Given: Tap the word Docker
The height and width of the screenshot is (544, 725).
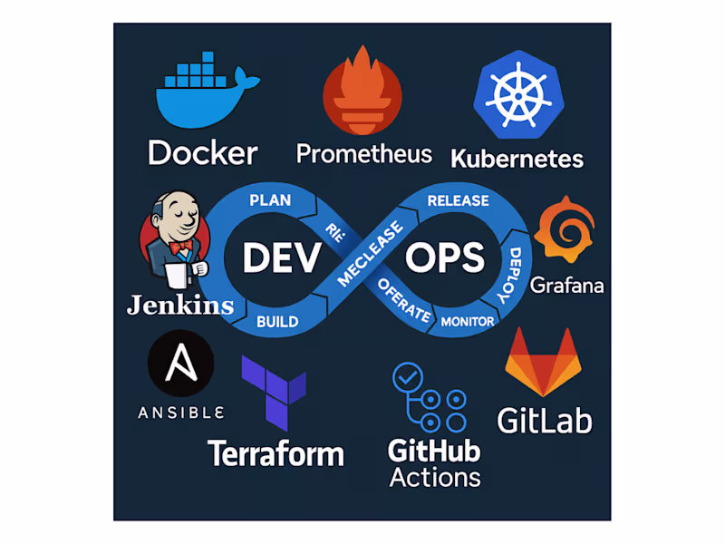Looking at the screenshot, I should pyautogui.click(x=202, y=151).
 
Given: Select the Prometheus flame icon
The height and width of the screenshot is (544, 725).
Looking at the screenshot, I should pyautogui.click(x=362, y=92).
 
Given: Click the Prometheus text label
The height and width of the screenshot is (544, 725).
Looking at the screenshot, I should pyautogui.click(x=363, y=153).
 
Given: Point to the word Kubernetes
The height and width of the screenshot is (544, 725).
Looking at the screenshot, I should pyautogui.click(x=517, y=159).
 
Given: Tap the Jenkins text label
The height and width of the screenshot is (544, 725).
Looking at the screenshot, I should pyautogui.click(x=180, y=305).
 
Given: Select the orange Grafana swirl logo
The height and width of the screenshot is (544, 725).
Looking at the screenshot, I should pyautogui.click(x=565, y=234).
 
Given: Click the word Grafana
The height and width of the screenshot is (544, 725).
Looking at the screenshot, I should pyautogui.click(x=567, y=285).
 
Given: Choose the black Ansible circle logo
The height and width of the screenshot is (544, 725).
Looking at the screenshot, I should pyautogui.click(x=180, y=364).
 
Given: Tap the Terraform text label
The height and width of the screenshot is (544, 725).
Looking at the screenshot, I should pyautogui.click(x=275, y=452).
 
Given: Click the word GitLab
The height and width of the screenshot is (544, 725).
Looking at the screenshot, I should pyautogui.click(x=544, y=419).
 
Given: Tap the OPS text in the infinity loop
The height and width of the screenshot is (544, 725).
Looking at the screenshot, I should pyautogui.click(x=445, y=258).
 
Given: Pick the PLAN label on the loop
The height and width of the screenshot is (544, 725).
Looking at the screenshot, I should pyautogui.click(x=269, y=199).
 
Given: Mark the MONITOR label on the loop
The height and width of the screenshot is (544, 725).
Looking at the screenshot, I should pyautogui.click(x=468, y=321).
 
